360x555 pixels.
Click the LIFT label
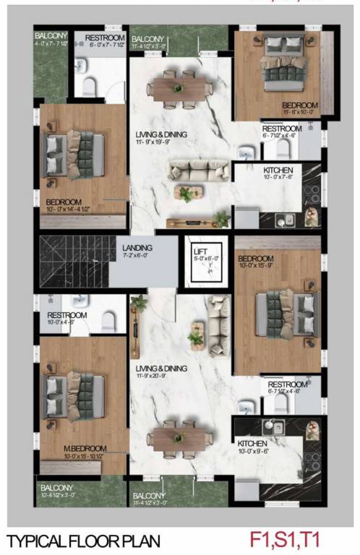click(x=200, y=251)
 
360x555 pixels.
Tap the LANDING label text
click(x=136, y=246)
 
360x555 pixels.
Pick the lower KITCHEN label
click(x=253, y=442)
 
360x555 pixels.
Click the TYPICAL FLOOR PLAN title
click(x=85, y=541)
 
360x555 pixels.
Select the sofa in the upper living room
click(x=189, y=171)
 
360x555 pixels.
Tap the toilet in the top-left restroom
click(x=90, y=86)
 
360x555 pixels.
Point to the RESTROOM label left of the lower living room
click(x=67, y=315)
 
